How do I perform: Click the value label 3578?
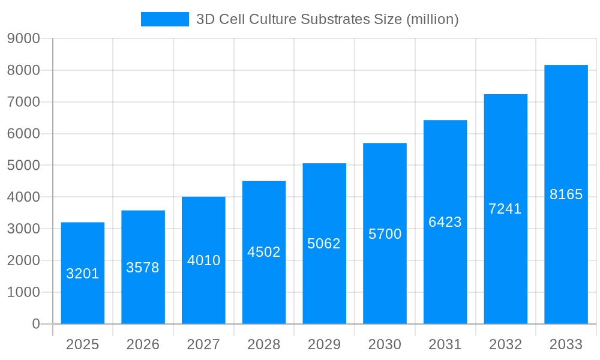pos(143,268)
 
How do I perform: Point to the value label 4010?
pos(204,260)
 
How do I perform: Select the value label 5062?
pos(324,244)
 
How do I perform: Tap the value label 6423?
pos(445,222)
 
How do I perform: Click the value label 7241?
pos(505,209)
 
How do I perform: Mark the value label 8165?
pos(566,194)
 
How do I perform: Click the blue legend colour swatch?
pos(164,19)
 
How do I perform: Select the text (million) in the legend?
pos(432,19)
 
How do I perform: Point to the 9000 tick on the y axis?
pos(23,39)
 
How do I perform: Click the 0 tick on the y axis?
pos(35,324)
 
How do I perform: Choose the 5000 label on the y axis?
pos(23,166)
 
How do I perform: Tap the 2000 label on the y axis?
pos(23,260)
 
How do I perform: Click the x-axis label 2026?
pos(143,344)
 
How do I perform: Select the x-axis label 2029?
pos(324,344)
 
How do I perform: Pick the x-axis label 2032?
pos(505,344)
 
